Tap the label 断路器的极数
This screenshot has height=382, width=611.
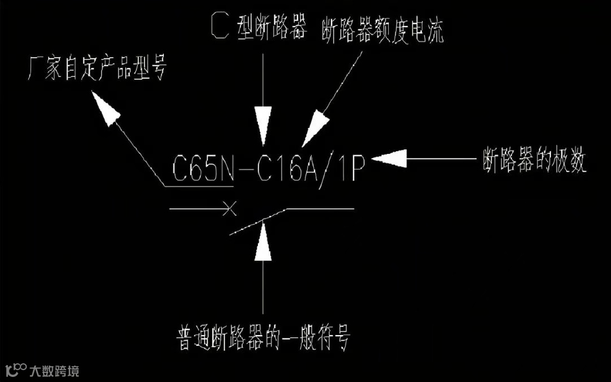tap(534, 161)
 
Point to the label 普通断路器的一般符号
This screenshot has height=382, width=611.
tap(264, 340)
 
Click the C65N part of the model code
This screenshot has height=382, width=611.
tap(203, 168)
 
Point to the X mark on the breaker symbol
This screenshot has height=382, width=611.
tap(229, 208)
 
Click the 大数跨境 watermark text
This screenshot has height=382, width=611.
tap(55, 371)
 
